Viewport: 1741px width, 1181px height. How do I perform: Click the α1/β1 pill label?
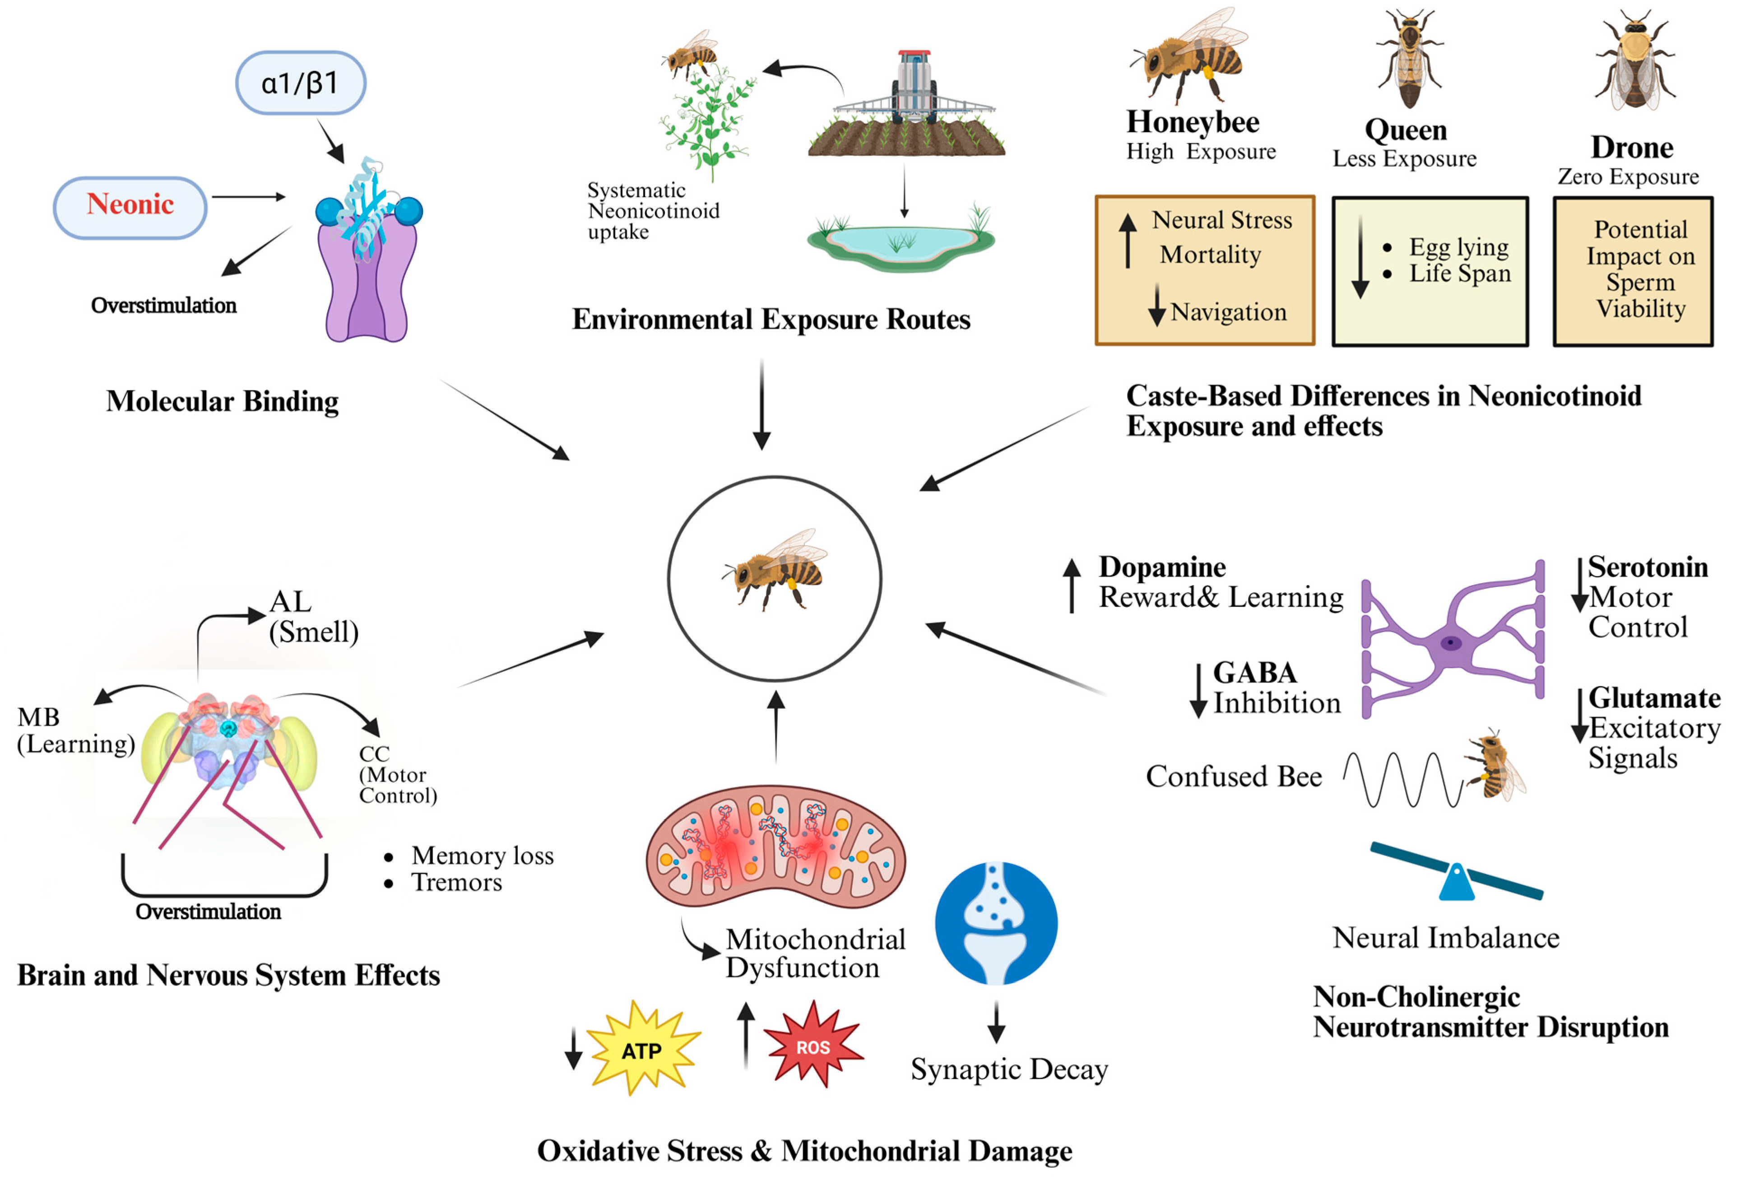coord(301,83)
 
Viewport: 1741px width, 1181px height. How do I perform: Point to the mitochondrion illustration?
coord(775,847)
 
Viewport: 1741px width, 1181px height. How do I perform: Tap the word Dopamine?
coord(1162,567)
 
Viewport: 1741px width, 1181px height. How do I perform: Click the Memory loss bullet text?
coord(482,855)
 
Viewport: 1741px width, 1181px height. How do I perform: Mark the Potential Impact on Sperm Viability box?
coord(1633,270)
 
